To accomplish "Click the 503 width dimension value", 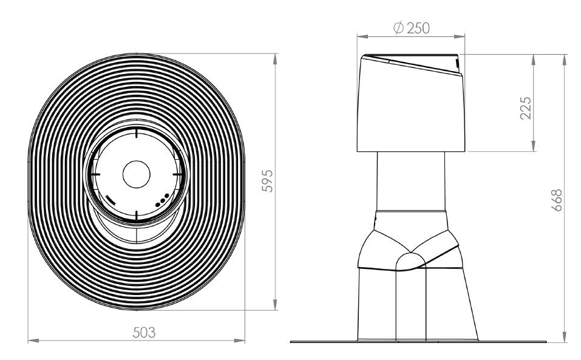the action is pyautogui.click(x=144, y=332).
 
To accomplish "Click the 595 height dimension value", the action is pyautogui.click(x=267, y=181).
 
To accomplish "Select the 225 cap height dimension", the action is pyautogui.click(x=525, y=108).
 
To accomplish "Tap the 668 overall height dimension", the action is pyautogui.click(x=557, y=200).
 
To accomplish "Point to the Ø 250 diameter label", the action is pyautogui.click(x=411, y=28).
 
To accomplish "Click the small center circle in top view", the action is pyautogui.click(x=137, y=174).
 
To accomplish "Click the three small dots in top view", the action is pyautogui.click(x=162, y=200).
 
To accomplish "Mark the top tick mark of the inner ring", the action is pyautogui.click(x=137, y=133).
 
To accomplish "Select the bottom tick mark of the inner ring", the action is pyautogui.click(x=137, y=216).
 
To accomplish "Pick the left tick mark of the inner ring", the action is pyautogui.click(x=95, y=174).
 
